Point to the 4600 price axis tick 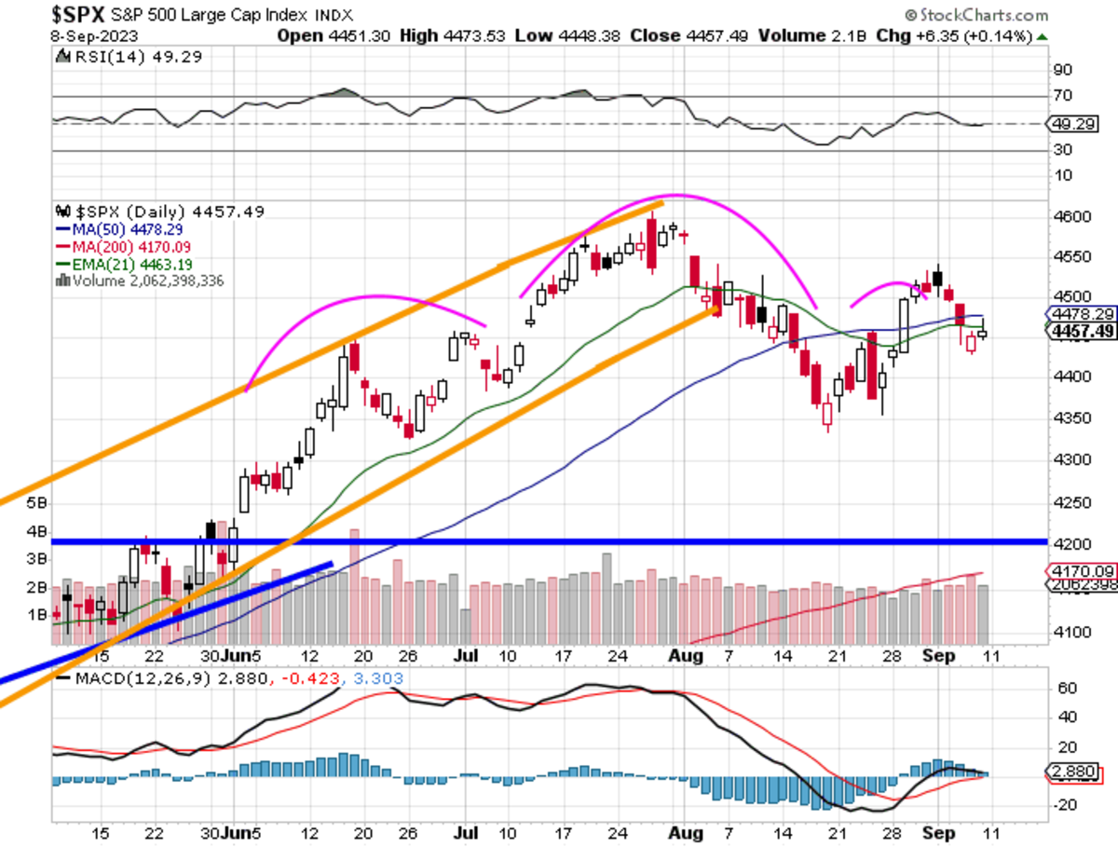coord(1076,216)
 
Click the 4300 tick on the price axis coord(1076,459)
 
